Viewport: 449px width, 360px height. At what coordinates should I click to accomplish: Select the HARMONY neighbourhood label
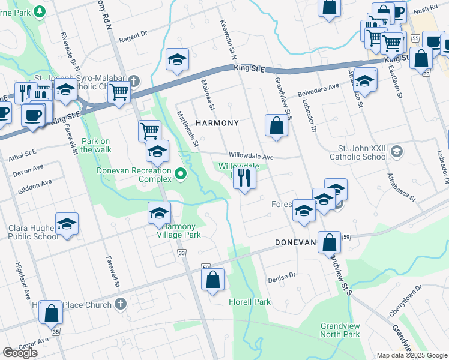coord(217,123)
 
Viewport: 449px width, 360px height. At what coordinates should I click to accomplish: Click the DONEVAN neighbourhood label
coord(295,242)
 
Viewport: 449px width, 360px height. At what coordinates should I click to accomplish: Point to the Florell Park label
coord(250,302)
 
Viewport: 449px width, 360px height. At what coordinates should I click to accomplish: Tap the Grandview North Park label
coord(340,329)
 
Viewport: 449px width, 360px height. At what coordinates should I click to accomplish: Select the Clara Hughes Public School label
coord(34,232)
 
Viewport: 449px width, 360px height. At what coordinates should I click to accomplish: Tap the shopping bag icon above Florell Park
coord(213,280)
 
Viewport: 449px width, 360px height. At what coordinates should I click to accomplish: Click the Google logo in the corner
coord(20,353)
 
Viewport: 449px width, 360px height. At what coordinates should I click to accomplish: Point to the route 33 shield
coord(182,254)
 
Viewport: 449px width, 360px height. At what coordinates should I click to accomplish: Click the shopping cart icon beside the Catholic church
coord(120,92)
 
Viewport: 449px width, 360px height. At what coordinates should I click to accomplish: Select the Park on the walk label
coord(97,145)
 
